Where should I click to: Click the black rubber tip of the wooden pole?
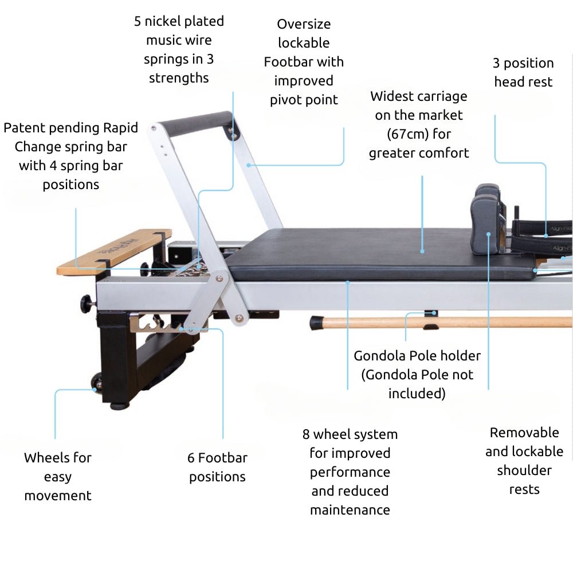pyautogui.click(x=317, y=323)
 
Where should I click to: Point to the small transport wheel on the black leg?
pyautogui.click(x=97, y=383)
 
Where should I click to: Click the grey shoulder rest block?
pyautogui.click(x=484, y=223)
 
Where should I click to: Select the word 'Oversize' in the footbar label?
pyautogui.click(x=304, y=24)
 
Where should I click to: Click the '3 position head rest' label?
pyautogui.click(x=523, y=72)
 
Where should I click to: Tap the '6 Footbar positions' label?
pyautogui.click(x=217, y=467)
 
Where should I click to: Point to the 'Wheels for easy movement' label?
pyautogui.click(x=58, y=476)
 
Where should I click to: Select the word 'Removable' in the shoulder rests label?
pyautogui.click(x=524, y=433)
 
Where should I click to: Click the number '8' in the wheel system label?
pyautogui.click(x=307, y=434)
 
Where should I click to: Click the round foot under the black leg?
pyautogui.click(x=119, y=406)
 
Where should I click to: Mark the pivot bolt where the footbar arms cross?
pyautogui.click(x=219, y=279)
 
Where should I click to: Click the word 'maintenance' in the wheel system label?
pyautogui.click(x=350, y=509)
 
